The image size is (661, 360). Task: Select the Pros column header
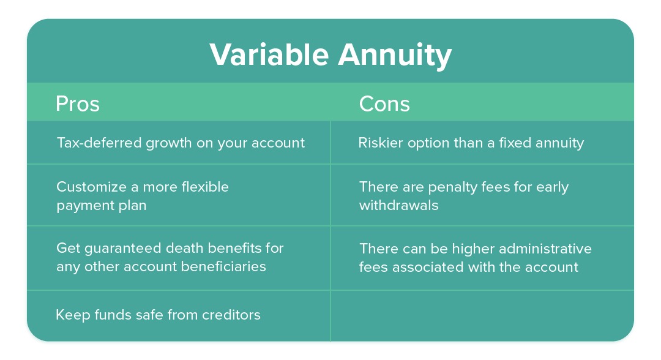point(78,103)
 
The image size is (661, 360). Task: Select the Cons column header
point(384,103)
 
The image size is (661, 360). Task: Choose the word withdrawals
point(399,205)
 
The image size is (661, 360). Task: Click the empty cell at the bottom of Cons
point(482,315)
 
